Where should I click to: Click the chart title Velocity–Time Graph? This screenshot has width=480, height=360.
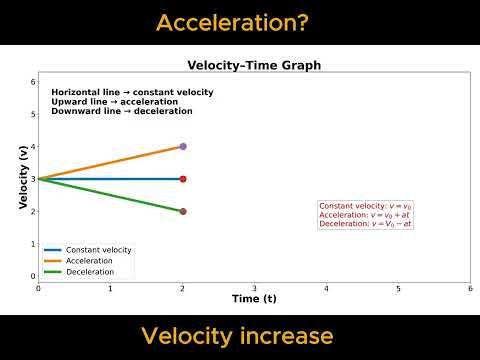(254, 66)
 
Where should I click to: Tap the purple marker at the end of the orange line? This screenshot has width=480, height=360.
(182, 147)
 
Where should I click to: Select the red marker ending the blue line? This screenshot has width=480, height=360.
(182, 179)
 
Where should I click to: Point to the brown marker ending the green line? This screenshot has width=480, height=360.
(182, 211)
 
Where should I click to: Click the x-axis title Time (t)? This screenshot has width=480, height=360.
(254, 298)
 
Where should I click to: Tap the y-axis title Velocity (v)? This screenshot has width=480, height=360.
(23, 178)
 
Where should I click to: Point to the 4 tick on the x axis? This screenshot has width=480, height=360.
(326, 288)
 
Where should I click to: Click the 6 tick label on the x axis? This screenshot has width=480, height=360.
(470, 288)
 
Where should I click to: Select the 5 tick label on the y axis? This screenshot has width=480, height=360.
(32, 114)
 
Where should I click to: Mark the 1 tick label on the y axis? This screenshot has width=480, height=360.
(32, 244)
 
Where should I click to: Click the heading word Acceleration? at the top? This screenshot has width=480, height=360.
(239, 22)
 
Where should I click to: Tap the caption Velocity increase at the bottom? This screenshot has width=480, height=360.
(239, 335)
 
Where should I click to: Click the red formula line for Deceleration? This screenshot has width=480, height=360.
(365, 224)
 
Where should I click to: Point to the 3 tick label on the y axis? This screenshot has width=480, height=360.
(32, 179)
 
